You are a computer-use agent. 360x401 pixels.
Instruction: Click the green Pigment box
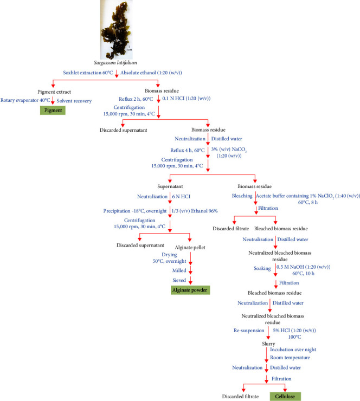[x=52, y=110]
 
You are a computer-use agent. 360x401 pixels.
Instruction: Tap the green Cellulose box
[x=285, y=396]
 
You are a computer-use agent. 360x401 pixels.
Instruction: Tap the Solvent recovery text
[x=74, y=100]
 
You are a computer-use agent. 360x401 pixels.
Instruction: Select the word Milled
[x=179, y=269]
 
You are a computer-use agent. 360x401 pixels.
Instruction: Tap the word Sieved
[x=179, y=280]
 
